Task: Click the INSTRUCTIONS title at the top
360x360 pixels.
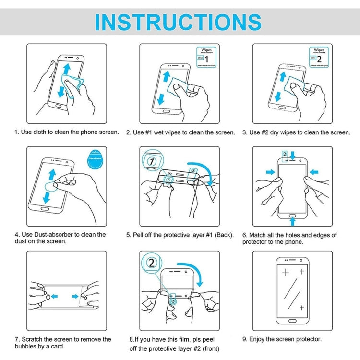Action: click(x=178, y=22)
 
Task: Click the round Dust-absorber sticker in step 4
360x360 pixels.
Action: click(x=97, y=162)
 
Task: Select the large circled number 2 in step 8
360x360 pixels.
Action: click(x=152, y=264)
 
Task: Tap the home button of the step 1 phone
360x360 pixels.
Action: click(x=59, y=106)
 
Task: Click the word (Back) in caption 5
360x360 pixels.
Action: click(x=223, y=235)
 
